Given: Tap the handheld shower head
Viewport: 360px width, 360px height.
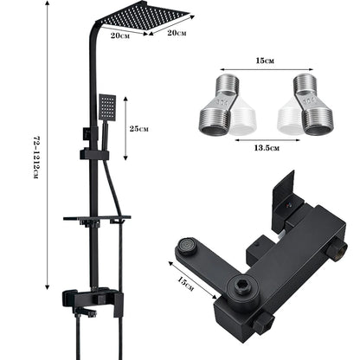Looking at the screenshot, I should (107, 108).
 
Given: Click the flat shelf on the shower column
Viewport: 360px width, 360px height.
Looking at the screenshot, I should (97, 217).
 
